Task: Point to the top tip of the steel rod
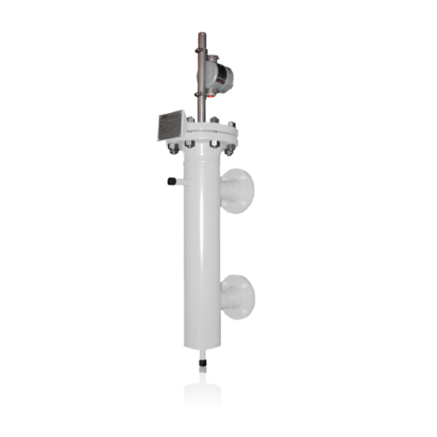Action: (202, 35)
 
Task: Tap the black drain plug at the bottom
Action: (202, 361)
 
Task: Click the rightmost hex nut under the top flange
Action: (230, 149)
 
